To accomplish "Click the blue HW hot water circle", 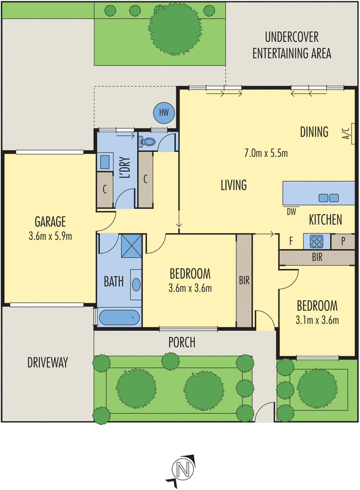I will (163, 112).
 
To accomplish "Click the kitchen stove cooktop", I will (317, 241).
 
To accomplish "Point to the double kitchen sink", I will (329, 197).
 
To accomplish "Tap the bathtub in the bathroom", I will (119, 318).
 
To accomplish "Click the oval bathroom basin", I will (135, 284).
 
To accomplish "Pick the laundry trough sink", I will (105, 163).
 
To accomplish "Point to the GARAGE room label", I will (50, 222).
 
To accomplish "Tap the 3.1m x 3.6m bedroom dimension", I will (317, 319).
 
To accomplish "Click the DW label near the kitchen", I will (291, 212).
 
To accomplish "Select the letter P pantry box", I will (343, 241).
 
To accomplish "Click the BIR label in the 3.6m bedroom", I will (244, 282).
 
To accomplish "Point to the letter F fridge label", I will (290, 241).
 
